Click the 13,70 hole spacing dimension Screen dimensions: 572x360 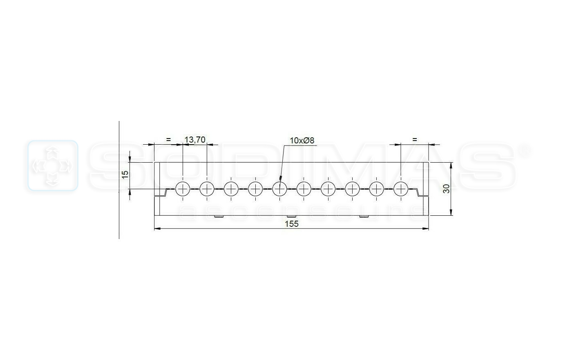tap(195, 140)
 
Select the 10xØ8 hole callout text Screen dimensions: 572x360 tap(302, 141)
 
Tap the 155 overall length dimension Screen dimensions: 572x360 tap(292, 224)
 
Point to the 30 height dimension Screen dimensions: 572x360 tap(446, 189)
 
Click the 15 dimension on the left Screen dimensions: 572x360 tap(125, 174)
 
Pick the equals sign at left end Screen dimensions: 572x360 tap(168, 140)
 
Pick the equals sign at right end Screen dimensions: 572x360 tap(415, 140)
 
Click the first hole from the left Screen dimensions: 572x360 tap(183, 189)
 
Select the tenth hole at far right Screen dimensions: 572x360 tap(401, 189)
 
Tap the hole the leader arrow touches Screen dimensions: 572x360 tap(279, 189)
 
